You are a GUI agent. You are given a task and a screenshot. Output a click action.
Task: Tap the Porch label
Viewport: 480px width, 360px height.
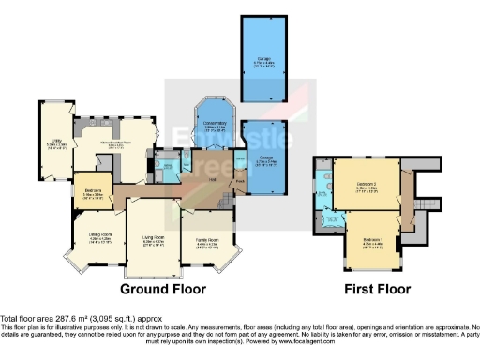240,184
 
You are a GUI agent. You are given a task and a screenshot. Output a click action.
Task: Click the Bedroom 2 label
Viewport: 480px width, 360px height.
367,185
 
